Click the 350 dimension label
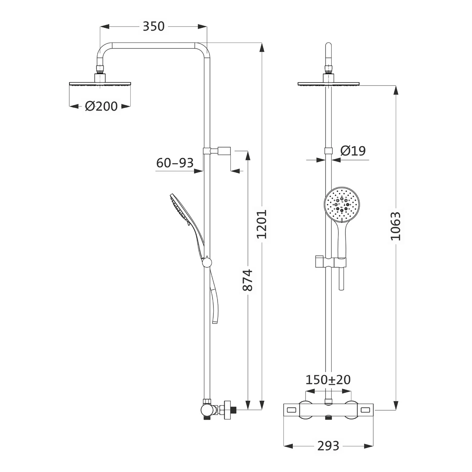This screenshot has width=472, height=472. coord(154,26)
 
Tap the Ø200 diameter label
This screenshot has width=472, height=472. coord(101,106)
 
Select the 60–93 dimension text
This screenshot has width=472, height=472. coord(175,163)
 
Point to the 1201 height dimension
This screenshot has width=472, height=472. coord(261,224)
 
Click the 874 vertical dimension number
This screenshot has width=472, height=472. coord(248,280)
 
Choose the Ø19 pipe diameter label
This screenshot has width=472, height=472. coord(353,151)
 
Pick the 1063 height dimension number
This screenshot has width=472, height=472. coord(396,226)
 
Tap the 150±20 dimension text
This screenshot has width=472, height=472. coord(328,380)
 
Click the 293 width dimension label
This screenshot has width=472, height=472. coord(328,446)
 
